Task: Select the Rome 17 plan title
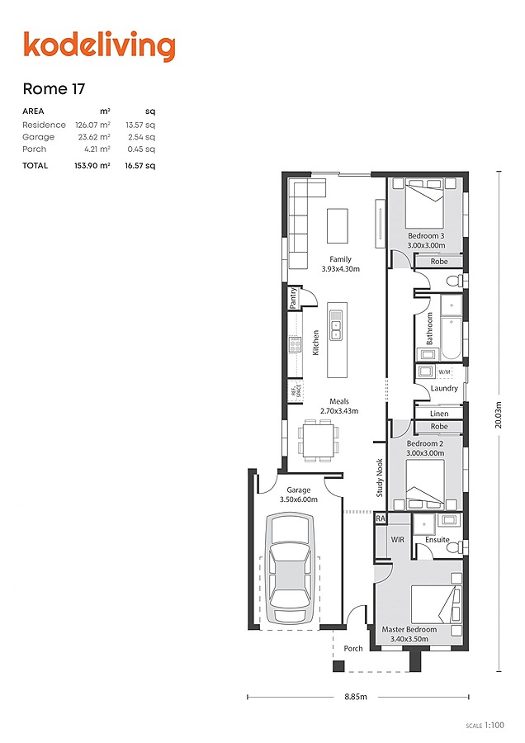54,88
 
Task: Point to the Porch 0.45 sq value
141,149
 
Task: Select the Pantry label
293,297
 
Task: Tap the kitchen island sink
337,330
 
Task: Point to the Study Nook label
381,478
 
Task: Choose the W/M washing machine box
444,372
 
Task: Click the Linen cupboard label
439,414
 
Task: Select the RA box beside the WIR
381,518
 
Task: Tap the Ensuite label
437,540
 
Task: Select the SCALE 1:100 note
485,725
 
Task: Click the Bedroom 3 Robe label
439,262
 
